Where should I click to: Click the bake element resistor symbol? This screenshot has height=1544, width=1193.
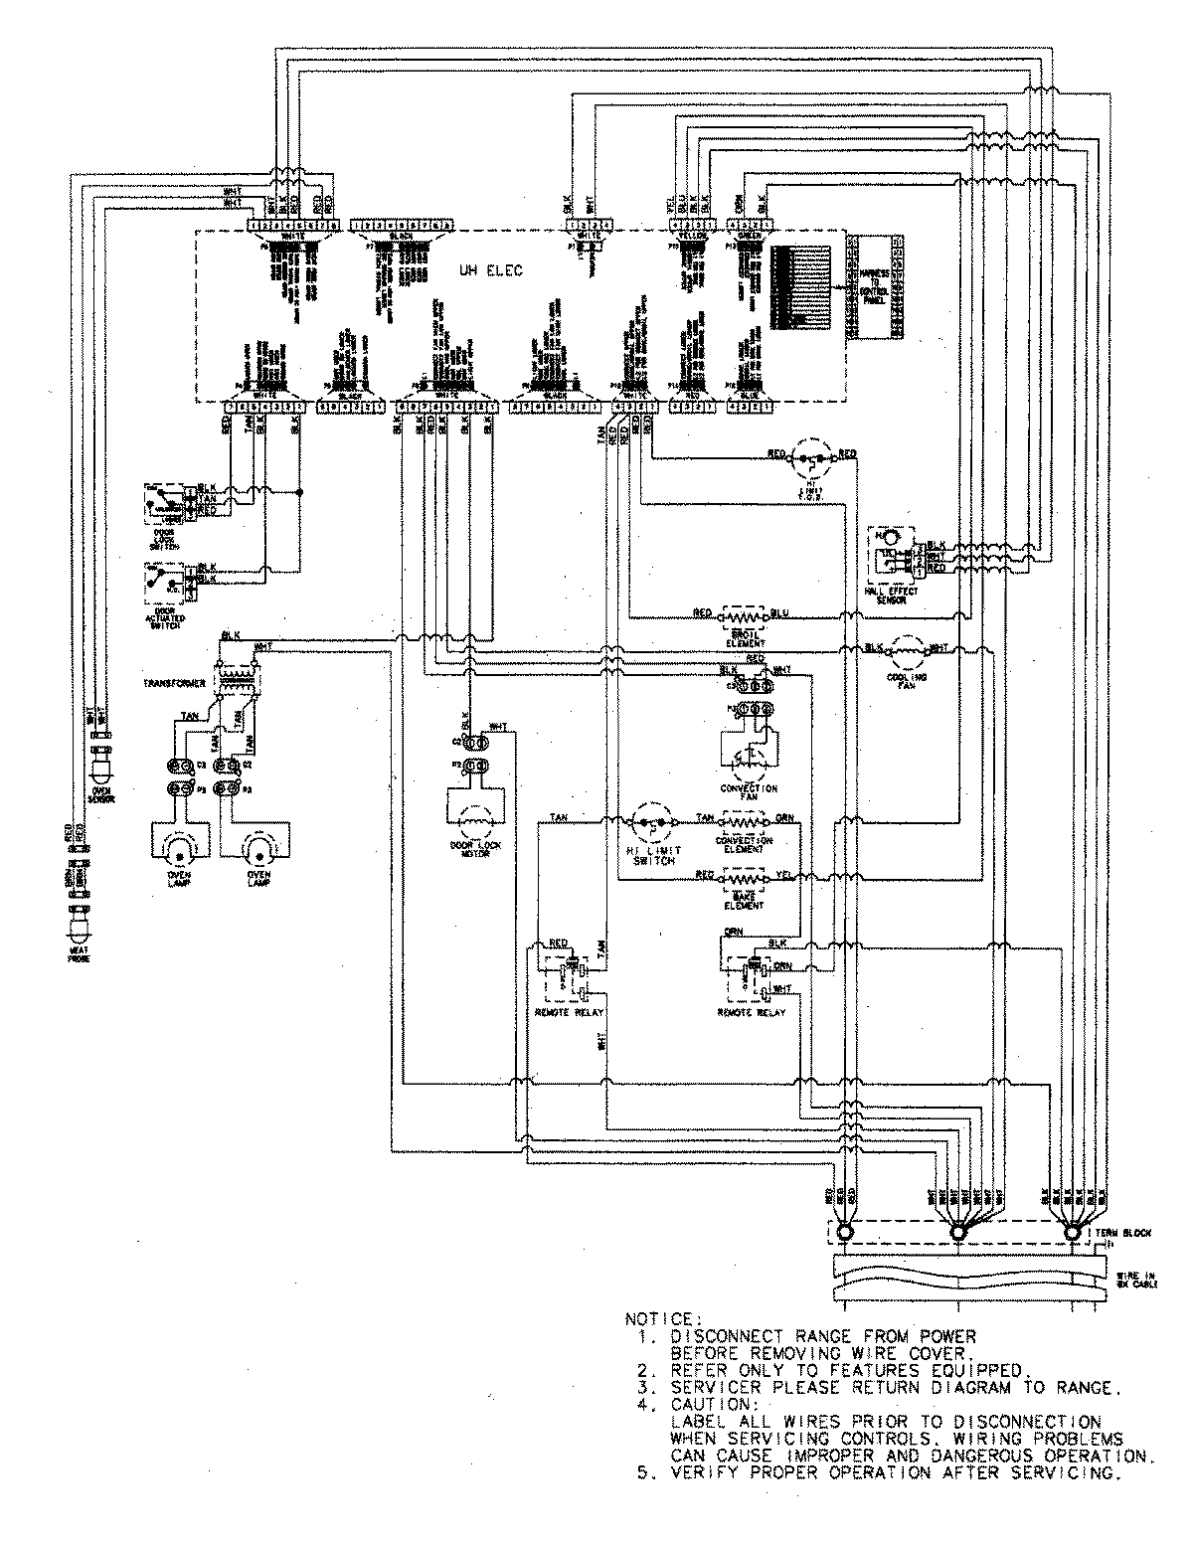[x=743, y=877]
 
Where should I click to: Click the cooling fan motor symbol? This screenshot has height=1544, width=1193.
[x=904, y=651]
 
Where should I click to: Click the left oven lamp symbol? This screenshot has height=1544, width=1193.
[x=178, y=845]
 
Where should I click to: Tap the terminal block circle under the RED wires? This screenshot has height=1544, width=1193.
[x=844, y=1233]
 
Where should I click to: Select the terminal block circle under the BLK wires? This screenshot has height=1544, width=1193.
[x=1071, y=1233]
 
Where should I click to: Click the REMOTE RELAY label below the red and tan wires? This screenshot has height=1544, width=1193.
[x=570, y=1012]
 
